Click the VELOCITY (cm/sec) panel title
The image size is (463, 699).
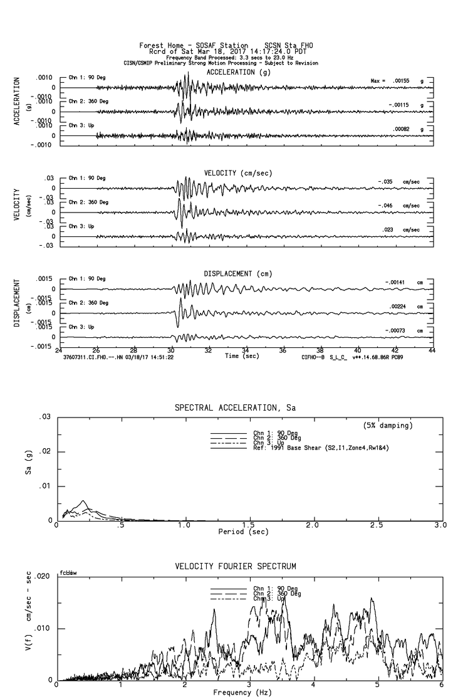coord(238,173)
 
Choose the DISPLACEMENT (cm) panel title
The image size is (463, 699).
coord(238,274)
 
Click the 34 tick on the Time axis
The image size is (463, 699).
coord(246,350)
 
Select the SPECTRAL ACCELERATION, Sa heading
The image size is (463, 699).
coord(235,408)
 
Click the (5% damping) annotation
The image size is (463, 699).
coord(387,426)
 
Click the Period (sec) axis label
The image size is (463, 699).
coord(246,532)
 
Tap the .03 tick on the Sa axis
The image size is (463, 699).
coord(44,418)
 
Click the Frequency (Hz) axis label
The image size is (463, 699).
coord(242,692)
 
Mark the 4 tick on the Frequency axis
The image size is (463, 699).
coord(314,685)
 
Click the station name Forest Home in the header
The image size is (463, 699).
coord(163,46)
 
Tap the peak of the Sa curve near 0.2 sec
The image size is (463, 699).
coord(83,501)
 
